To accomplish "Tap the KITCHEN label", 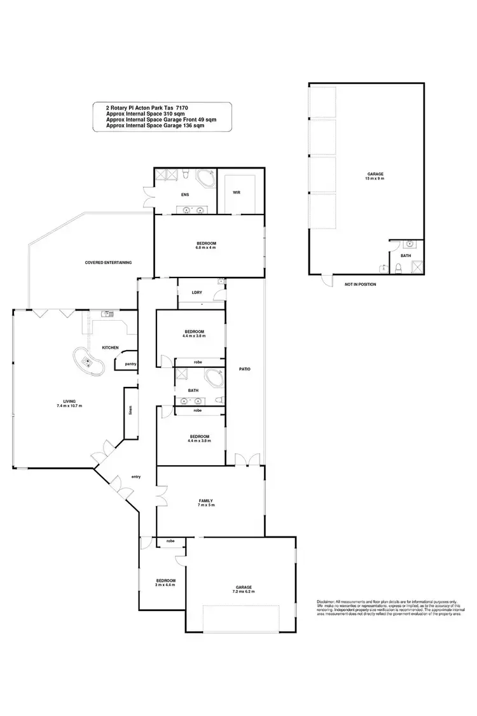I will tap(111, 347).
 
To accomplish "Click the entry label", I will tap(135, 477).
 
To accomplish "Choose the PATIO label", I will tap(244, 369).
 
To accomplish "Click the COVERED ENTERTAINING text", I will tap(108, 262).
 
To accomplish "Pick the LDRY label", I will tap(197, 293).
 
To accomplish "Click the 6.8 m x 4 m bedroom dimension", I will tap(206, 248).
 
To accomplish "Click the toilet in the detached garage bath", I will tap(398, 268).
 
